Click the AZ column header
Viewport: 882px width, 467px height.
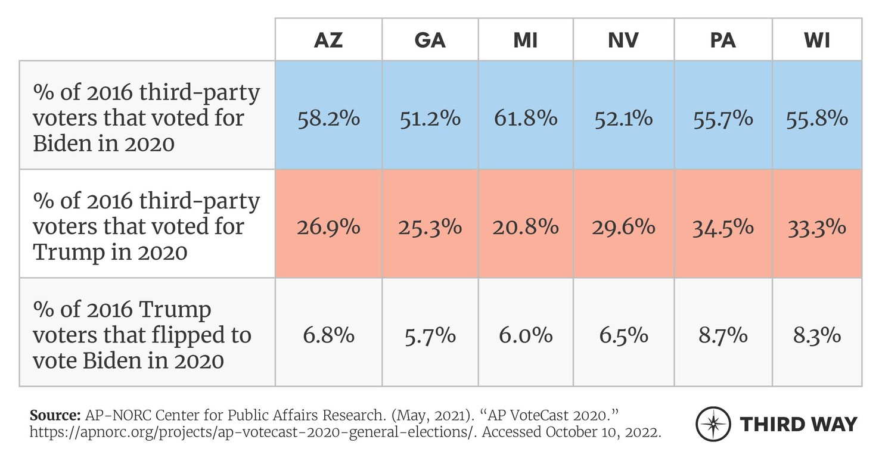tap(328, 40)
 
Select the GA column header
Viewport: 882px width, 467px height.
tap(429, 40)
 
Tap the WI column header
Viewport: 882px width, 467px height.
tap(816, 40)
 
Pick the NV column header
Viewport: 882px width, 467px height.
tap(624, 40)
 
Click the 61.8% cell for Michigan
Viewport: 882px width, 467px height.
tap(526, 118)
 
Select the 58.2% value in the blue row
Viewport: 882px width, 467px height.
tap(328, 118)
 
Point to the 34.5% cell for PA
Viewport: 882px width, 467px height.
tap(722, 227)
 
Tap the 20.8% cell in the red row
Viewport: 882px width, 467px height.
tap(526, 227)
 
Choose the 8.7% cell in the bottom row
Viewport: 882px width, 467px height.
tap(722, 335)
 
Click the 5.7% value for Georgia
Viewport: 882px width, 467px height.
tap(429, 335)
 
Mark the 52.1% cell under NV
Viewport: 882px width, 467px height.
tap(624, 118)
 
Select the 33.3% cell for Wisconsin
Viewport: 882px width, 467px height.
tap(816, 227)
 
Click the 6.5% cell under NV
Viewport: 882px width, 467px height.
tap(624, 335)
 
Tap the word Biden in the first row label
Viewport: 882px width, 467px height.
tap(63, 144)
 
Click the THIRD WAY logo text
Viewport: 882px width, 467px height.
tap(798, 424)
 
